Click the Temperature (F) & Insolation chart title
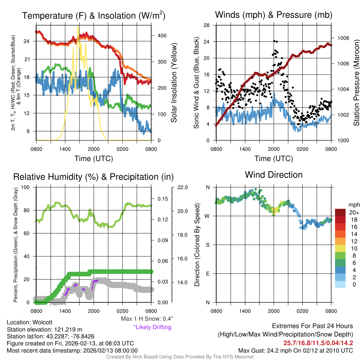point(94,15)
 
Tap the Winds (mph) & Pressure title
point(274,15)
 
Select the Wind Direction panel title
point(274,175)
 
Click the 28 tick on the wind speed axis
point(207,25)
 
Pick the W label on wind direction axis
point(207,216)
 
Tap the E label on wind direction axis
point(207,274)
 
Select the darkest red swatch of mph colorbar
point(340,212)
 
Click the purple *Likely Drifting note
point(152,327)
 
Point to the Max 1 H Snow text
point(147,319)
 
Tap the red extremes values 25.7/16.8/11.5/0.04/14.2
point(318,343)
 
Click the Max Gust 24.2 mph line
point(296,350)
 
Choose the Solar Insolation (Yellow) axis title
point(174,83)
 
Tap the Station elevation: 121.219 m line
point(44,329)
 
